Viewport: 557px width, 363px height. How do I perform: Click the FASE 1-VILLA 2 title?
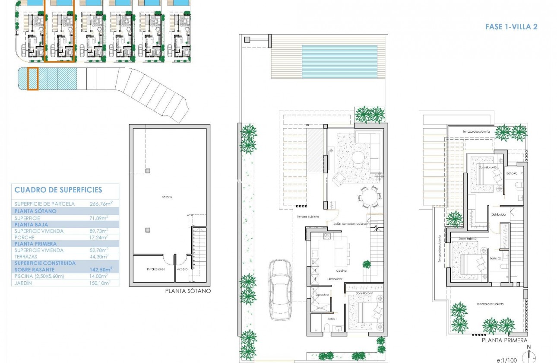click(511, 27)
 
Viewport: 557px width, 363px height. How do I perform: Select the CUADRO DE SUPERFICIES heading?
click(58, 190)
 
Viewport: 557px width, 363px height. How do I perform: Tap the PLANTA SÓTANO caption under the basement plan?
click(188, 291)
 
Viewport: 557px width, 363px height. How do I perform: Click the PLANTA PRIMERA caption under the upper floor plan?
click(504, 341)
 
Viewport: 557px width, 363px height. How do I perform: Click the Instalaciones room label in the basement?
click(156, 269)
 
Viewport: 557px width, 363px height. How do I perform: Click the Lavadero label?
click(322, 295)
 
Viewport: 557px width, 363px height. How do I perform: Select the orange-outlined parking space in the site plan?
click(33, 79)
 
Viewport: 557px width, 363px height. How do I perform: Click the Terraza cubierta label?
click(307, 217)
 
